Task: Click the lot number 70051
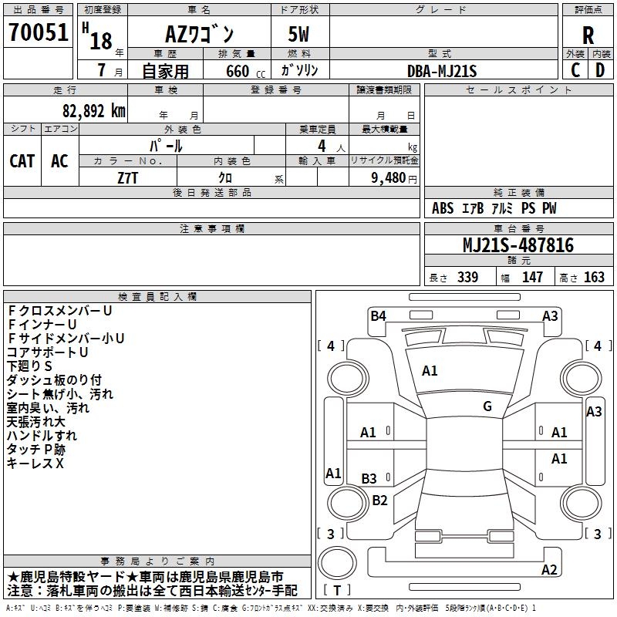pos(38,32)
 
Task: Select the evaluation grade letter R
pos(588,35)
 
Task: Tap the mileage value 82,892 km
pos(94,111)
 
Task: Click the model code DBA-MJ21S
pos(442,71)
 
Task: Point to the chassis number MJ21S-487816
pos(518,245)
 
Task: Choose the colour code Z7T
pos(128,178)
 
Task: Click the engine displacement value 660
pos(238,71)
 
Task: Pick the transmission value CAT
pos(22,161)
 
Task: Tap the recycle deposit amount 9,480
pos(388,177)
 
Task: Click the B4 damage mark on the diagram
pos(378,315)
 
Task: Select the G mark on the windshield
pos(487,406)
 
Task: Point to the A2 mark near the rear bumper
pos(549,569)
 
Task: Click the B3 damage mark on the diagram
pos(369,478)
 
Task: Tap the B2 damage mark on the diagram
pos(379,500)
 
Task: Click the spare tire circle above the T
pos(337,562)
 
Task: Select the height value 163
pos(594,277)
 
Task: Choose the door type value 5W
pos(298,34)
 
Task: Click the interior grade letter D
pos(600,70)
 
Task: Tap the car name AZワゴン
pos(199,34)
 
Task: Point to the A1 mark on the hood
pos(430,370)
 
